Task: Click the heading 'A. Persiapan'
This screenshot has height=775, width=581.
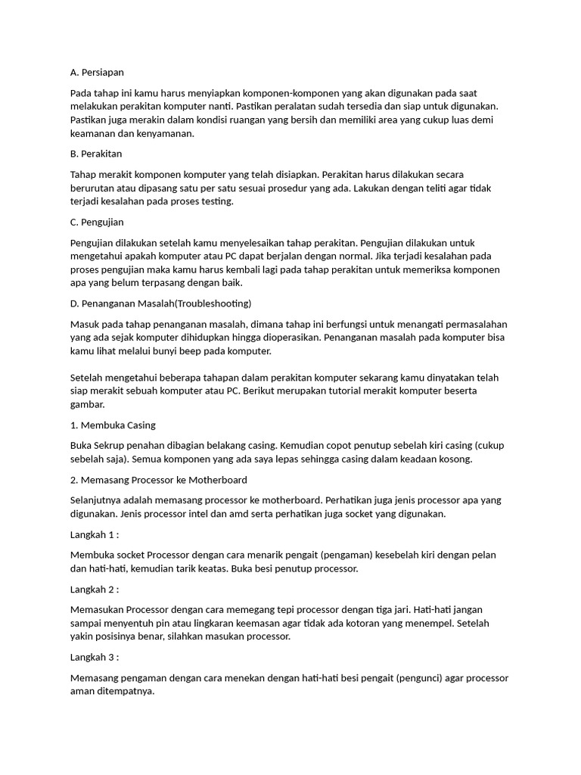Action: (x=97, y=72)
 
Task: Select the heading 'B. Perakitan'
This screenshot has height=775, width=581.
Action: (x=95, y=154)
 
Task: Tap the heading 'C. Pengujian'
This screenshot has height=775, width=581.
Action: (x=96, y=222)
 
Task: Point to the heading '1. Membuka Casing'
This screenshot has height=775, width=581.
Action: (x=113, y=425)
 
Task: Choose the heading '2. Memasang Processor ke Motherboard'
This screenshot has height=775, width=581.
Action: (x=158, y=480)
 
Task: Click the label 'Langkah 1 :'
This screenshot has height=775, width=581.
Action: (x=95, y=534)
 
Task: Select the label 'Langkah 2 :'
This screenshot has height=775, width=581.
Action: (x=95, y=589)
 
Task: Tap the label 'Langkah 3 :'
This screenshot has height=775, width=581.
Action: (x=95, y=657)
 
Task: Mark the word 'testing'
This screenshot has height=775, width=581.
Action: (x=216, y=202)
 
